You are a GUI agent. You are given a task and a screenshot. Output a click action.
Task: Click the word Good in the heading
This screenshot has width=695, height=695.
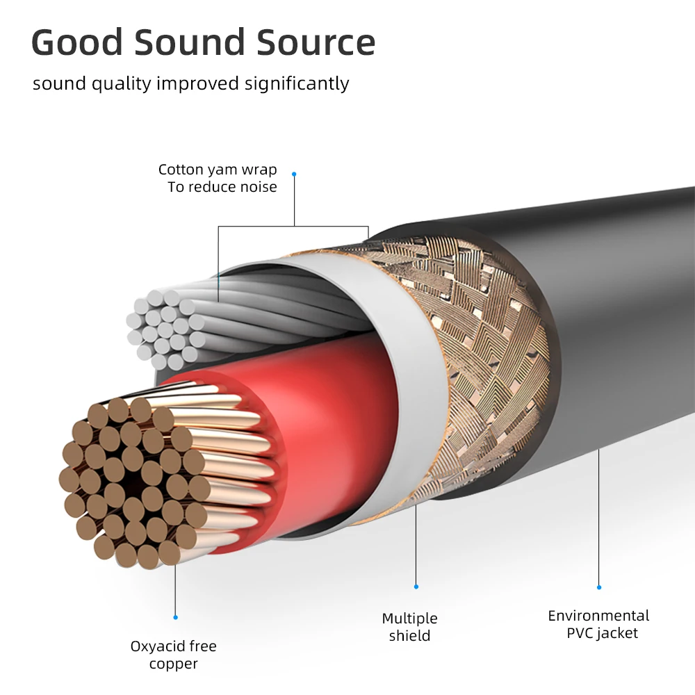(x=76, y=42)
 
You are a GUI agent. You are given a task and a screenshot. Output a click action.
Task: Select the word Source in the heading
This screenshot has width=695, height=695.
(x=317, y=42)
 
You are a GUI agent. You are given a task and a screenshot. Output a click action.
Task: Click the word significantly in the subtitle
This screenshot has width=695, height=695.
(x=297, y=83)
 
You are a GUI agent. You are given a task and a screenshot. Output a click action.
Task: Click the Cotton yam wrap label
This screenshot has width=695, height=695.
(x=218, y=170)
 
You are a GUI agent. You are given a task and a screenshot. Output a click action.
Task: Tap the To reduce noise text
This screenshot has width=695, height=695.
(x=222, y=187)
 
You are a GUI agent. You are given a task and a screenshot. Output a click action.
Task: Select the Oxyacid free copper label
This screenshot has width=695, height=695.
(x=174, y=655)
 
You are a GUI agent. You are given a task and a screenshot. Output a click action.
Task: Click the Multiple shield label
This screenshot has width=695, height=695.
(x=410, y=627)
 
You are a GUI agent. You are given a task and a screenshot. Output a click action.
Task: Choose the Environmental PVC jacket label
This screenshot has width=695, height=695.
(x=599, y=624)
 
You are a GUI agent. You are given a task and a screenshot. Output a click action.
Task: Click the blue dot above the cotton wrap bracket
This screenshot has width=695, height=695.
(x=294, y=174)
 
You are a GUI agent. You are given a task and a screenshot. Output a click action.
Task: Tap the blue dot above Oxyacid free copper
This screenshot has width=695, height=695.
(x=175, y=616)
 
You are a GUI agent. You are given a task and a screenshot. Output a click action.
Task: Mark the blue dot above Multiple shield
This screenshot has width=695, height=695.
(x=416, y=587)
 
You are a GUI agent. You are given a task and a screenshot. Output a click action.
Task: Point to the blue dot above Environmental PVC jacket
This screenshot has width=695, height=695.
(x=599, y=587)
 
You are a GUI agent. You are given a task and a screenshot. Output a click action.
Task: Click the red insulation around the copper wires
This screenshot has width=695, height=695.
(x=327, y=417)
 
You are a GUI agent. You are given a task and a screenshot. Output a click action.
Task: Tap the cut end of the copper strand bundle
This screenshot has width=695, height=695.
(x=132, y=480)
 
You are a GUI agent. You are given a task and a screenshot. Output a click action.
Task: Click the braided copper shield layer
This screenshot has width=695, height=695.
(x=480, y=361)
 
